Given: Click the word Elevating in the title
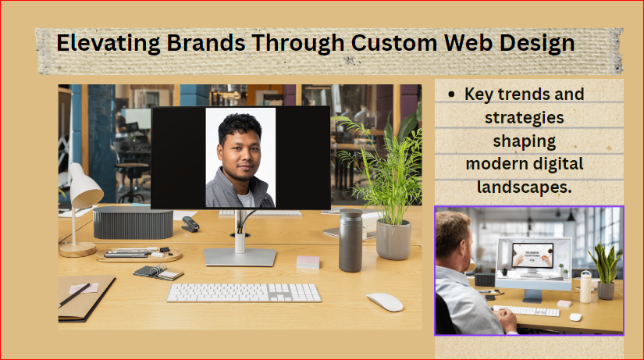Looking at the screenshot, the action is pos(108,44).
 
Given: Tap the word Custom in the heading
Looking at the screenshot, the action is pos(394,43).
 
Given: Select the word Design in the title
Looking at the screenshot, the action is pos(537,44).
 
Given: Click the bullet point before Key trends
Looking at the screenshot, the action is pos(452,94).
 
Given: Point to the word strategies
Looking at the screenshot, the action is pos(524,118).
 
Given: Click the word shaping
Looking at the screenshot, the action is pos(524,141).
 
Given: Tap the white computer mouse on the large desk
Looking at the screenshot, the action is pos(385,302).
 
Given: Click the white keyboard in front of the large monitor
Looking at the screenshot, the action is pos(244,293).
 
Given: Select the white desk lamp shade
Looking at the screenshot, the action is pos(84,186).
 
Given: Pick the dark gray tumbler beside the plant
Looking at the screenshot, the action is pos(350,241).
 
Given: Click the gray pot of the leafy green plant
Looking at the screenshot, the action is pos(393,240).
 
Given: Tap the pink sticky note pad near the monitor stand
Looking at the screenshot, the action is pos(308,262).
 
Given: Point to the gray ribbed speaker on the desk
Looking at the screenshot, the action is pos(133,223).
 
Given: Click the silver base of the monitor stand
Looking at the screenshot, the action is pos(240,257).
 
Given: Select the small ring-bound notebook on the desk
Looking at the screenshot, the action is pos(159,272).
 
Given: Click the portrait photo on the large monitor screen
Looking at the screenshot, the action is pos(240,158).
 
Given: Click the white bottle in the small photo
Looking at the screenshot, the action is pos(585,287).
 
